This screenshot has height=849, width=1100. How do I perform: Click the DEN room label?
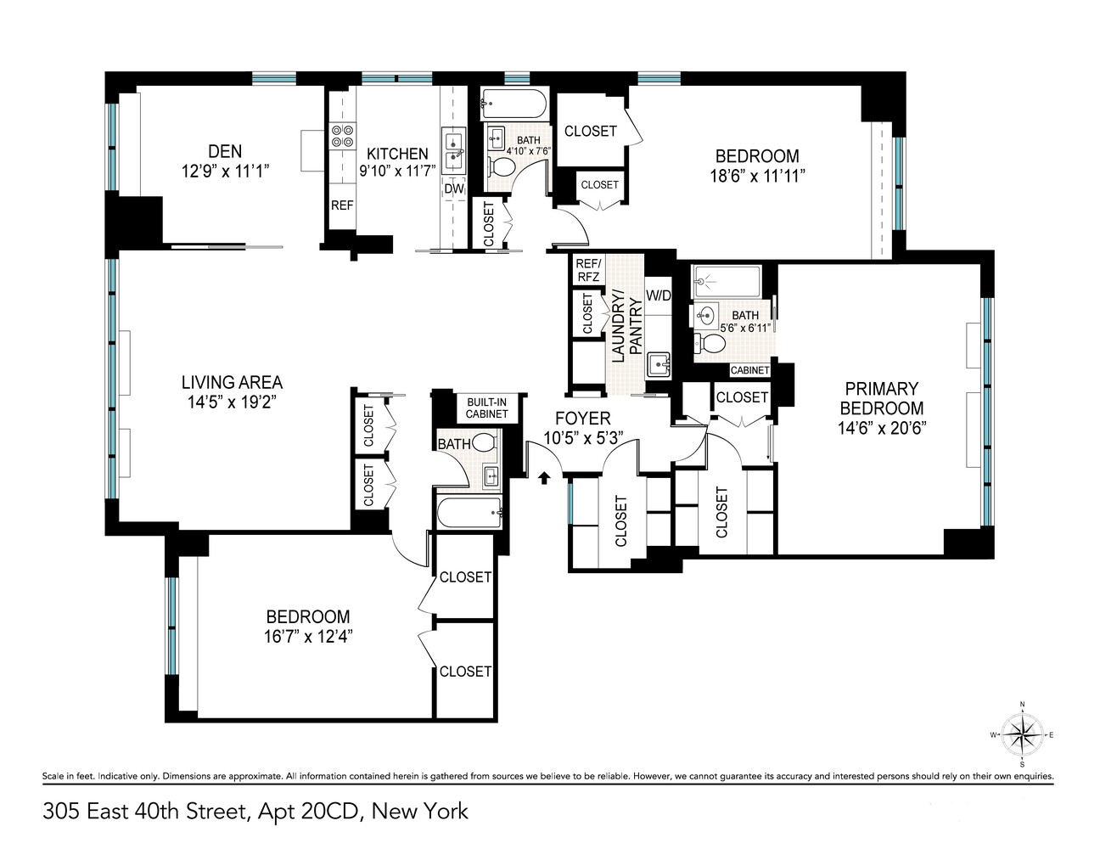[x=225, y=151]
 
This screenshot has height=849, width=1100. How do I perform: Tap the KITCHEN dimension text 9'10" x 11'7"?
[x=396, y=170]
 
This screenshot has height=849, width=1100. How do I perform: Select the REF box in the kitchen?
[x=342, y=205]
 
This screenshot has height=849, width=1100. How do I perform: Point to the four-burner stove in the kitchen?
[x=343, y=136]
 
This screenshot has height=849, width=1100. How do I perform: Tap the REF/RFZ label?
[x=587, y=269]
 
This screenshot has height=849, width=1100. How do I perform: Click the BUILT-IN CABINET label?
[x=486, y=408]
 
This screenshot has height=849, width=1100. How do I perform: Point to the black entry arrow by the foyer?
[x=544, y=479]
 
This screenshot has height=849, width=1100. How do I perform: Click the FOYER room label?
[x=582, y=419]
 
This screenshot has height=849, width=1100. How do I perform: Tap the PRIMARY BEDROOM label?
[x=881, y=398]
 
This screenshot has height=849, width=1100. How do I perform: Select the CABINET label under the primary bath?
[x=749, y=370]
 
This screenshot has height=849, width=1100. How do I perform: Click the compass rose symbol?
[x=1022, y=734]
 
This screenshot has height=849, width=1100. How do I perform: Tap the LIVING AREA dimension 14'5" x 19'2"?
[x=232, y=402]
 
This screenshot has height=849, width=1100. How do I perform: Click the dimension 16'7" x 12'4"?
[x=309, y=636]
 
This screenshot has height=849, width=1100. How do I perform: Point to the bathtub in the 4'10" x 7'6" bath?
[x=514, y=106]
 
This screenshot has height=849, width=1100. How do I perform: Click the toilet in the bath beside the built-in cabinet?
[x=484, y=442]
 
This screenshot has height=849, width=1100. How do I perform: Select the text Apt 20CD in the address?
[x=308, y=812]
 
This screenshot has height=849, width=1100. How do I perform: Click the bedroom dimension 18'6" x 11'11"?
[x=757, y=175]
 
